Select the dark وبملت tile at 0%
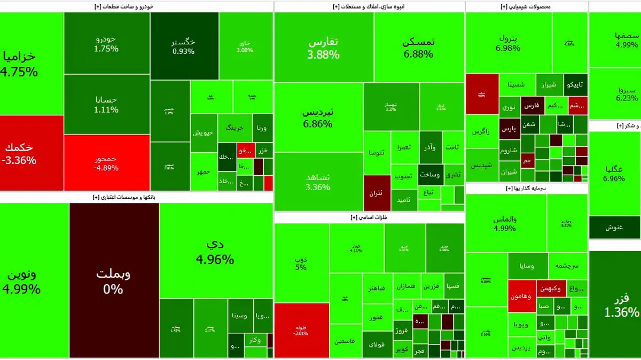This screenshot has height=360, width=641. [x=114, y=280]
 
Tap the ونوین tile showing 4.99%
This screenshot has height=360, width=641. [x=34, y=280]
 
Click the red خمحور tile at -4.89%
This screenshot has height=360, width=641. [x=106, y=162]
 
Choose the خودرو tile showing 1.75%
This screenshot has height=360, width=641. [x=106, y=43]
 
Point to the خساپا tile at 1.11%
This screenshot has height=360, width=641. [x=106, y=104]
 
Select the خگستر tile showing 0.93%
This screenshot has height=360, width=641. [x=184, y=46]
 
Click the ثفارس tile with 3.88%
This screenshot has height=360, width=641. [x=324, y=47]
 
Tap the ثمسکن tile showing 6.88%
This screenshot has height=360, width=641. [x=419, y=47]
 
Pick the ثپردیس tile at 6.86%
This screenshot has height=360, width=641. [x=318, y=118]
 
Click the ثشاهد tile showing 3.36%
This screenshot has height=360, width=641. [x=318, y=182]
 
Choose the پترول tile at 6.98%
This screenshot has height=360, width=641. [x=508, y=42]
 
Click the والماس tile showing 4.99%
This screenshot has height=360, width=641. [x=505, y=223]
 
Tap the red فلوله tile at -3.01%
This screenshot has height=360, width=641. [x=301, y=330]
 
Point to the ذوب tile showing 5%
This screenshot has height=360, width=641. [x=301, y=263]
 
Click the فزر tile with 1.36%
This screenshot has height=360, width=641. [x=615, y=304]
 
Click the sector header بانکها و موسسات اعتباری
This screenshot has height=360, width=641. [x=136, y=198]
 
